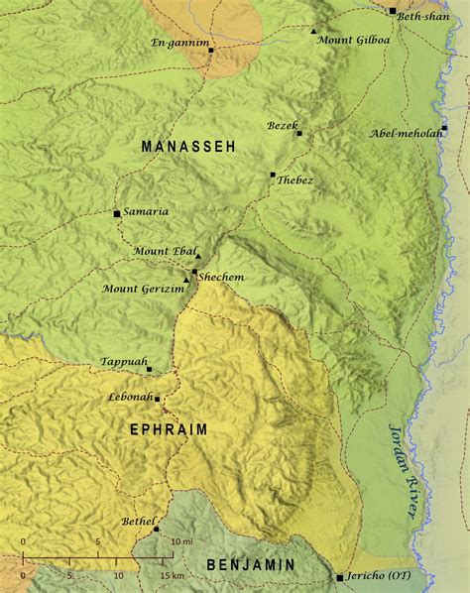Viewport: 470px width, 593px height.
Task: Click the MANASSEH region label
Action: [x=188, y=147]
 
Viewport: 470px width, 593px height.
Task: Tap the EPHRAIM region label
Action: [x=170, y=428]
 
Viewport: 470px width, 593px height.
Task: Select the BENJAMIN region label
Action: [x=251, y=564]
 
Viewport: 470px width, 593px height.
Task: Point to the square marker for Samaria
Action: [x=117, y=213]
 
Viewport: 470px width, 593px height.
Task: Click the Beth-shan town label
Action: [x=422, y=17]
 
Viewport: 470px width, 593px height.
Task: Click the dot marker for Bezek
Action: [x=298, y=133]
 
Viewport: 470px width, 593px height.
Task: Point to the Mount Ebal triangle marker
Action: [x=198, y=256]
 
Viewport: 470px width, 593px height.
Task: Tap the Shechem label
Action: [x=221, y=279]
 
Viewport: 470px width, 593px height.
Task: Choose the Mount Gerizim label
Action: [x=144, y=289]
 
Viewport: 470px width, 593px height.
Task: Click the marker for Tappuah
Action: [x=150, y=369]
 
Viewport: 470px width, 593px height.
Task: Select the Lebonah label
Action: [x=131, y=397]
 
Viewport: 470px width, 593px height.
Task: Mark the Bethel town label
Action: [x=137, y=520]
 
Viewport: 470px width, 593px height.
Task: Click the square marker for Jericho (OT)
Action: [x=340, y=577]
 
